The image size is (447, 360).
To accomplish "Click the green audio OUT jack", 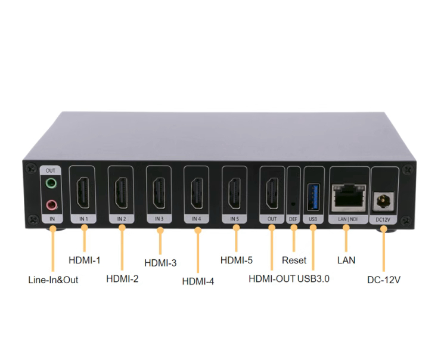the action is tap(51, 183).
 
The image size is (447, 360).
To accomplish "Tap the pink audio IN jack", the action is tap(52, 204).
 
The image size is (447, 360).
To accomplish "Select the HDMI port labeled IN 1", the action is tap(83, 193).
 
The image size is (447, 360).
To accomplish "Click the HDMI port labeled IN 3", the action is tap(159, 193).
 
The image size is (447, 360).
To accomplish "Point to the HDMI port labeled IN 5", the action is tap(234, 193).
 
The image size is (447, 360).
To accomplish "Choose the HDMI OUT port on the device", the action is tap(272, 193).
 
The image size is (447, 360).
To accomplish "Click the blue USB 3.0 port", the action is tap(313, 197).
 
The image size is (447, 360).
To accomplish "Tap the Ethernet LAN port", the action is tap(349, 197).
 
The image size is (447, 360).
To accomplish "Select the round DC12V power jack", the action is tap(383, 201).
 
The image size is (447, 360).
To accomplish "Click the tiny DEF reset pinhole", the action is tap(293, 204).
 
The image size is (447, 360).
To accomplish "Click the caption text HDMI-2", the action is tap(122, 278).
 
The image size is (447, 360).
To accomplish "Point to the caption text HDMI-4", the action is tap(198, 281).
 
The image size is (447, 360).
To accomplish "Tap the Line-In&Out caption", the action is tap(53, 280).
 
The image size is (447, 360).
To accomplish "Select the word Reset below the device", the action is tap(294, 260).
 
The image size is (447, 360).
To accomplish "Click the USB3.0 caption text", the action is tap(313, 279).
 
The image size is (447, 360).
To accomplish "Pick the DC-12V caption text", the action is tap(384, 280).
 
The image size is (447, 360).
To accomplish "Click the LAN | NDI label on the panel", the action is tap(348, 219).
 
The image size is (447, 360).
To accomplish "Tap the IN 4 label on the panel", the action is tap(197, 219).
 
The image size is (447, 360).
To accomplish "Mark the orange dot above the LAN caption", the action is tap(346, 228).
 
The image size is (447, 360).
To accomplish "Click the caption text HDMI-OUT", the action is tap(272, 279).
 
